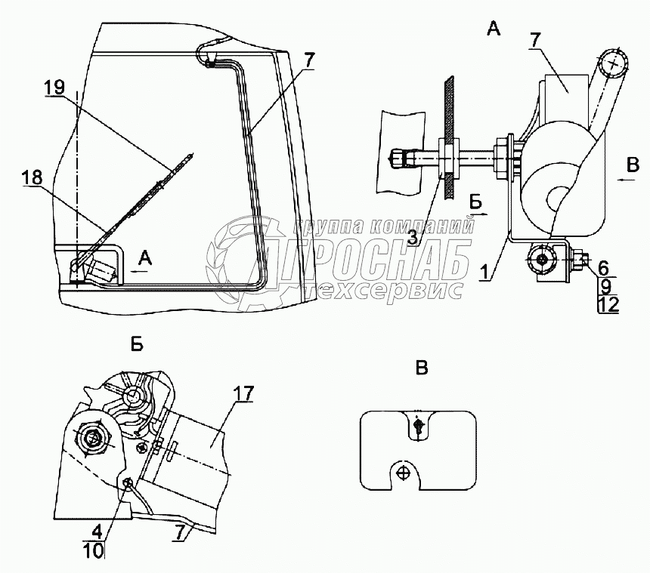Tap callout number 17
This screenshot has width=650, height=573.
point(243,393)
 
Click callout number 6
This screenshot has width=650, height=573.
point(603,267)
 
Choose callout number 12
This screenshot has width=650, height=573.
point(608,304)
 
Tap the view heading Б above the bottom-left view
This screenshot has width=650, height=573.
point(137,345)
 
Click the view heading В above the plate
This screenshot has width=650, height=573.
point(422,368)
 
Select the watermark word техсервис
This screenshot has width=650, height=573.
point(382,289)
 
